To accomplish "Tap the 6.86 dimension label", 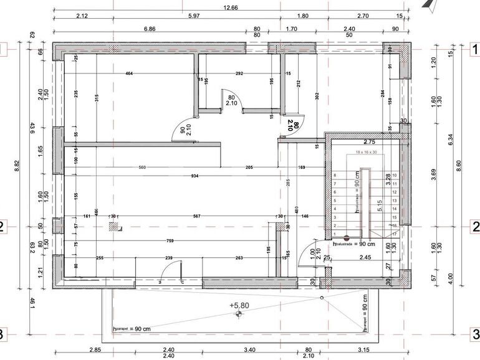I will click(150, 29).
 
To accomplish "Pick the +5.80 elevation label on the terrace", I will click(239, 305).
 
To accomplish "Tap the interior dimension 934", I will click(195, 177).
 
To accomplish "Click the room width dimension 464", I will click(130, 74).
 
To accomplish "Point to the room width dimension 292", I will click(239, 74).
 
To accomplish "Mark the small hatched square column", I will click(113, 227).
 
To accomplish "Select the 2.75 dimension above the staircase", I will click(369, 143).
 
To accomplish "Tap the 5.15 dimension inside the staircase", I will click(379, 206).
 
